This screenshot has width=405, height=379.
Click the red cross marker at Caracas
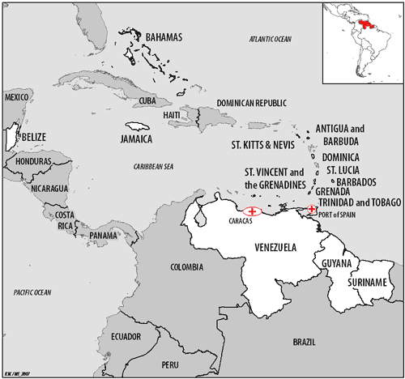click(252, 212)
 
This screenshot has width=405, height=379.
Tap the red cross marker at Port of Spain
click(312, 209)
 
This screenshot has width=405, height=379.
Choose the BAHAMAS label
click(164, 36)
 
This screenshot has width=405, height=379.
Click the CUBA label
click(147, 100)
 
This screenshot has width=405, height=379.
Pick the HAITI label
click(172, 115)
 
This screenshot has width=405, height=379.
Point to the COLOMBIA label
click(187, 267)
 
